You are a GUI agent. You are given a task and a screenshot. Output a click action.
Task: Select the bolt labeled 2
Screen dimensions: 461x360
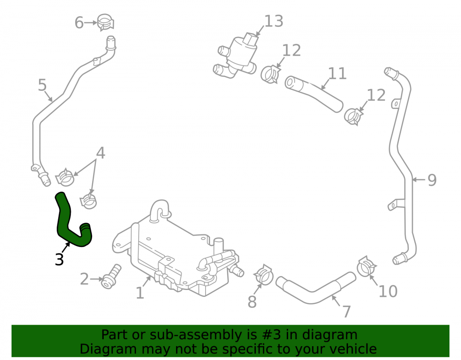tap(111, 276)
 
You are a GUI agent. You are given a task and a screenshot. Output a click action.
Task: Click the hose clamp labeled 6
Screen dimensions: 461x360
tap(105, 22)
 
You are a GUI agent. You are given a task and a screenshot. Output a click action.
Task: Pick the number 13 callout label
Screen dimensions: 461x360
tap(274, 21)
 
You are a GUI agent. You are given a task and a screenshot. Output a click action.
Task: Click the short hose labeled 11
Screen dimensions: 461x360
tap(313, 94)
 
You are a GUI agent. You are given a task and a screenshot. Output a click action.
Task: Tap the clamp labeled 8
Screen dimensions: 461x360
tap(264, 275)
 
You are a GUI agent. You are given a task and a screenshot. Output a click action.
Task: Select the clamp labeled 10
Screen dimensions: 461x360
tap(366, 266)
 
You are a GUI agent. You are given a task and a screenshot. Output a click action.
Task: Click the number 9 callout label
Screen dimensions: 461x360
tap(432, 180)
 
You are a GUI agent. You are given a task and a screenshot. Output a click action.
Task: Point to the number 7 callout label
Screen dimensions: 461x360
tap(347, 312)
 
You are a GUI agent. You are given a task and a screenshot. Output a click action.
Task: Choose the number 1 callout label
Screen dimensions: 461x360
tap(140, 293)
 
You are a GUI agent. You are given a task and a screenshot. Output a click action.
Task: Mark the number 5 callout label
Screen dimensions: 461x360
tap(42, 85)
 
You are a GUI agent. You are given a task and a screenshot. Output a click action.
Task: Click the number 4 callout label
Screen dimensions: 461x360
tap(100, 153)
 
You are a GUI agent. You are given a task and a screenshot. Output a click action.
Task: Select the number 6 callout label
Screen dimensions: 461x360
tap(79, 23)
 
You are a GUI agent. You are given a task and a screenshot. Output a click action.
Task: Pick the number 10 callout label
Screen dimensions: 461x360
tap(388, 291)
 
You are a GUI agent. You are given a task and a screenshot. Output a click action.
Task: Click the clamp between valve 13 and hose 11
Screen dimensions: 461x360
tap(270, 74)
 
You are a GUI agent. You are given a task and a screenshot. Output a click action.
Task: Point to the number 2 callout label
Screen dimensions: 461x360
tap(84, 279)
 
